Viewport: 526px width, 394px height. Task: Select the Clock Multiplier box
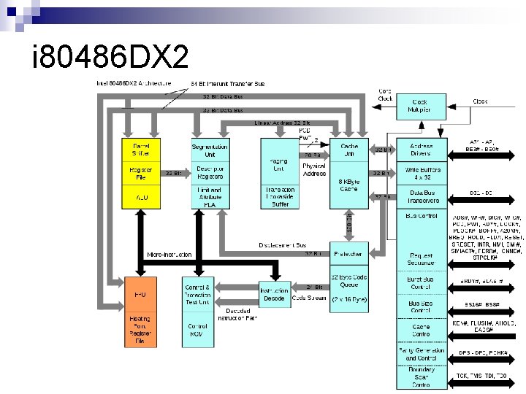click(420, 106)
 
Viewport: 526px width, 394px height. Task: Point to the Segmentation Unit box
click(210, 150)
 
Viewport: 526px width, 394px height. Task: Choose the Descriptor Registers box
click(210, 173)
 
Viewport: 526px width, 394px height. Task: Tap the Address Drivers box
click(420, 150)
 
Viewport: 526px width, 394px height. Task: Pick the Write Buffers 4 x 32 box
click(420, 174)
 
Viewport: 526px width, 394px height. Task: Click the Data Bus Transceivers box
click(420, 197)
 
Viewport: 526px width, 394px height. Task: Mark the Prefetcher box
click(348, 254)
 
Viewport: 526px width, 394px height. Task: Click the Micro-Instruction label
click(169, 255)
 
